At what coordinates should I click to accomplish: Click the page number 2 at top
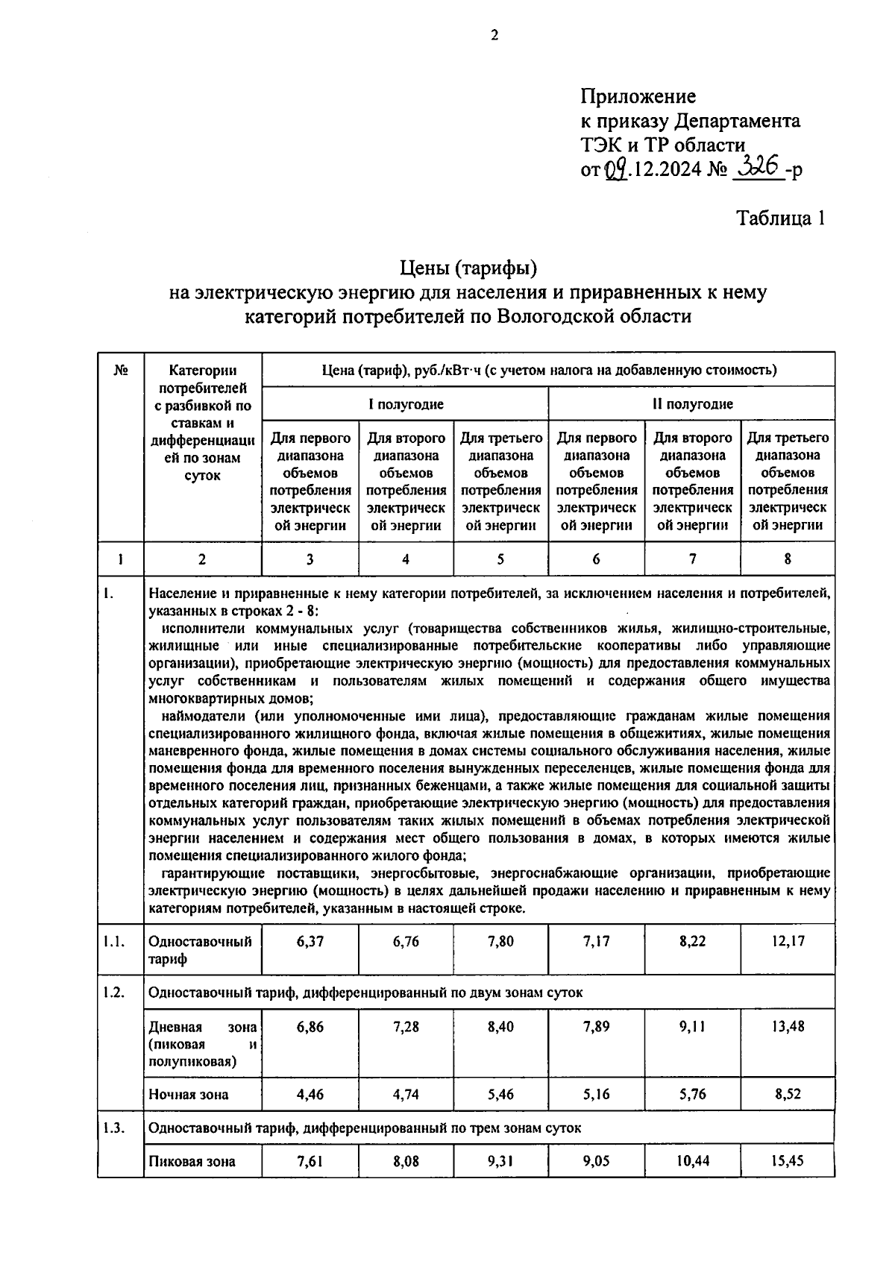[x=493, y=35]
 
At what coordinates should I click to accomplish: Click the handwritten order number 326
[x=757, y=166]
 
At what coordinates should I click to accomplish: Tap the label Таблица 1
[x=781, y=218]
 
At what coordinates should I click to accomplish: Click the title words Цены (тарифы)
[x=468, y=267]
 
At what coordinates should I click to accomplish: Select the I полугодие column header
[x=406, y=404]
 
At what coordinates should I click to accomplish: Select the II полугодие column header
[x=692, y=404]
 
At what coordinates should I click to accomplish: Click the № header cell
[x=120, y=371]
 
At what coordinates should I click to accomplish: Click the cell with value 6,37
[x=310, y=941]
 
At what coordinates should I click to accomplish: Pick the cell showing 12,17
[x=788, y=941]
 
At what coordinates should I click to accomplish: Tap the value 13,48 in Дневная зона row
[x=788, y=1027]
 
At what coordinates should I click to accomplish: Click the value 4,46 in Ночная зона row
[x=310, y=1095]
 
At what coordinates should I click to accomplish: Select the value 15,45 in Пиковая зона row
[x=788, y=1161]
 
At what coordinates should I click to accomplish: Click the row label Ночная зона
[x=189, y=1095]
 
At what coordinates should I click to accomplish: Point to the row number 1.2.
[x=114, y=993]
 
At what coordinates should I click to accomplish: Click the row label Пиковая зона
[x=192, y=1161]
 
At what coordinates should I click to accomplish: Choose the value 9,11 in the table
[x=692, y=1027]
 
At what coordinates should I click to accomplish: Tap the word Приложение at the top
[x=638, y=96]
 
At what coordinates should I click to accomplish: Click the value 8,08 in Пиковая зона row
[x=406, y=1161]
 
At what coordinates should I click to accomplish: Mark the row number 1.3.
[x=114, y=1128]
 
